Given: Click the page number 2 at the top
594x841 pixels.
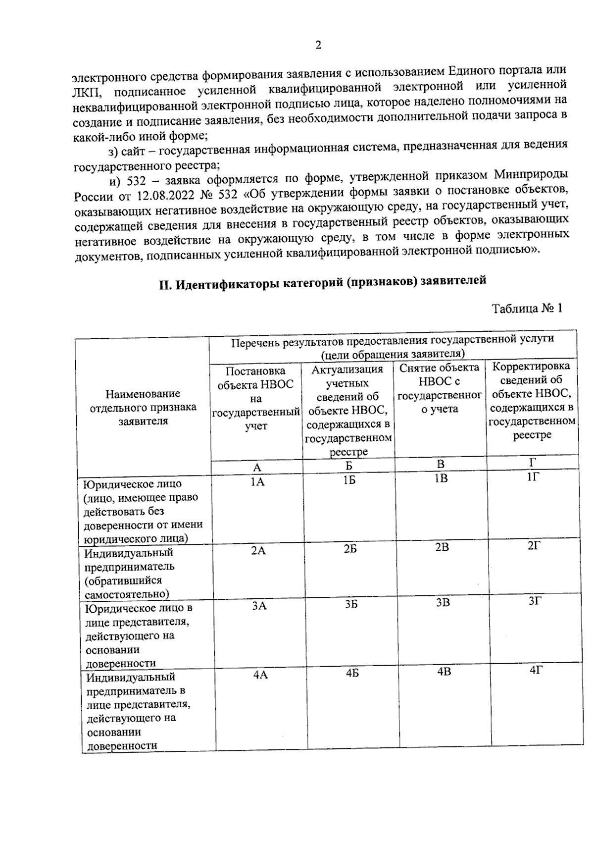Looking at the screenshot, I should pos(318,45).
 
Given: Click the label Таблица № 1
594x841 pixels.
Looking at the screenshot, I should pos(527,308).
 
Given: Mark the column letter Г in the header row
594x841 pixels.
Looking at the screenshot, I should pos(533,463).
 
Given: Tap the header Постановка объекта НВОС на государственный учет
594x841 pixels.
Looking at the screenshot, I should pos(256,398).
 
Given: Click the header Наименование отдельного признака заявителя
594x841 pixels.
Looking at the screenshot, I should pos(143,407).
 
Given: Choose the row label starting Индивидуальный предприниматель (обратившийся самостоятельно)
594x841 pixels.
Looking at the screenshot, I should pos(130,573).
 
